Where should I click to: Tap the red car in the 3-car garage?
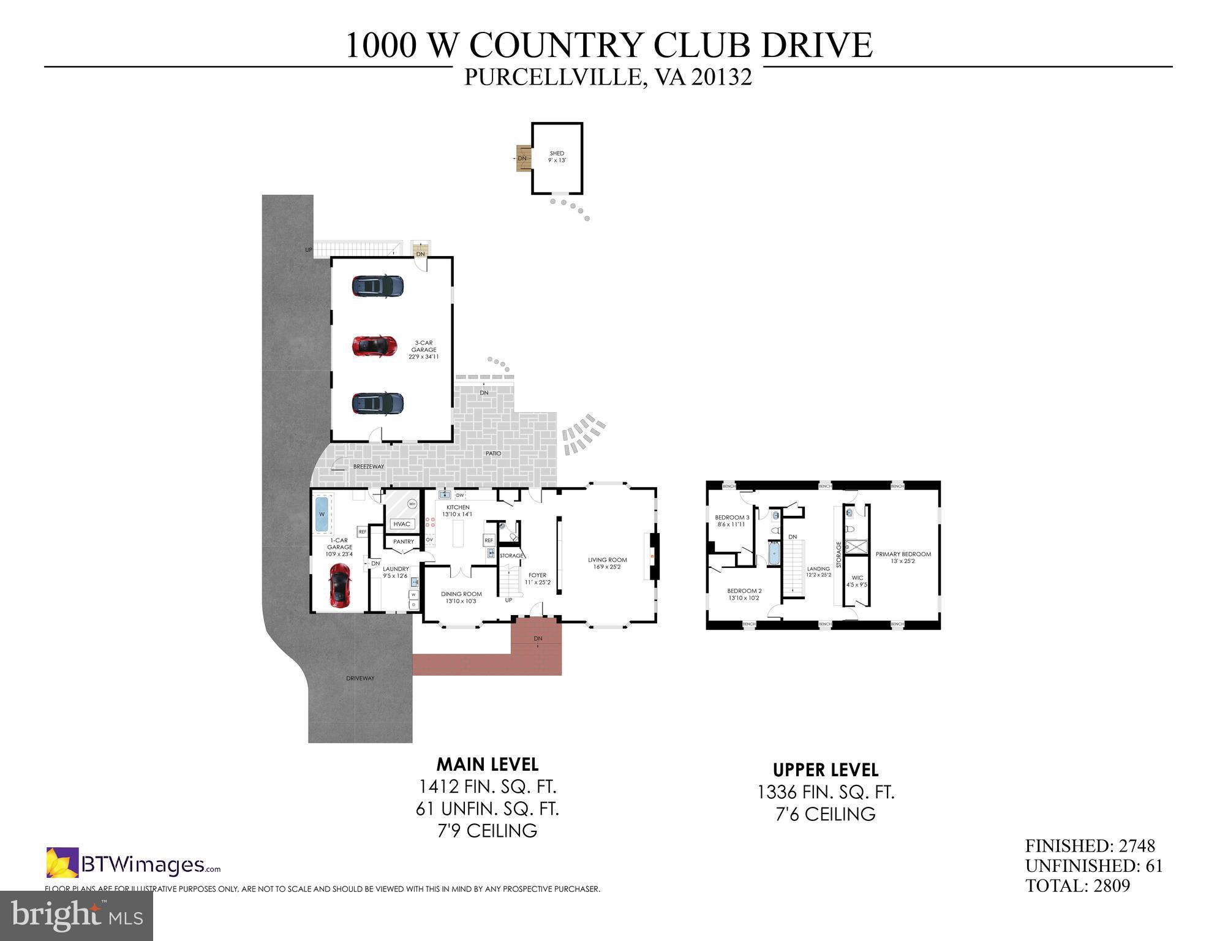(x=374, y=346)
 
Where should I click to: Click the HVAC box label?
(x=402, y=524)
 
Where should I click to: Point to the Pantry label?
(x=404, y=542)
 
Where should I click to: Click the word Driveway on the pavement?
(x=360, y=678)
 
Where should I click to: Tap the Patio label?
(x=493, y=453)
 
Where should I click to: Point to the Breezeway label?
(x=369, y=467)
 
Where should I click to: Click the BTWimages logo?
(x=134, y=864)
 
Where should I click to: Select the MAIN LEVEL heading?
(x=487, y=765)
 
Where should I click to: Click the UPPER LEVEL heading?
(x=825, y=770)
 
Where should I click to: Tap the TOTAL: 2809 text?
(x=1077, y=886)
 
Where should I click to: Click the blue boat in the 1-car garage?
(x=321, y=515)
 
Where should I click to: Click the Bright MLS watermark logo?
(x=77, y=915)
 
